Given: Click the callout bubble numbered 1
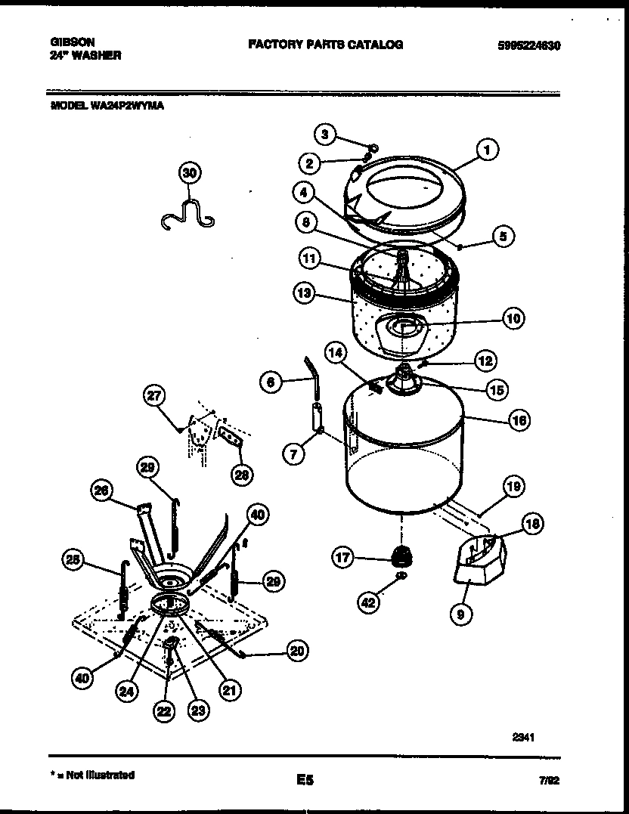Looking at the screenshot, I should pos(488,150).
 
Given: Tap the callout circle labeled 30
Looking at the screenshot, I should pos(189,173).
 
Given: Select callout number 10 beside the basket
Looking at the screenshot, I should pos(513,319).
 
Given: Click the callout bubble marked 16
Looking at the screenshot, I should pos(519,420).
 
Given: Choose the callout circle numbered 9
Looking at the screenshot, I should pos(460,614).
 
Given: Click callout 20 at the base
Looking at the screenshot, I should pos(297,651).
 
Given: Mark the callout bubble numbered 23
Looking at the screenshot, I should pos(198,710).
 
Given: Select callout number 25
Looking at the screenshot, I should pos(73,559).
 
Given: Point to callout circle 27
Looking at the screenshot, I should pos(154,396).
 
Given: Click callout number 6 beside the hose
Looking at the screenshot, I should pos(270,382).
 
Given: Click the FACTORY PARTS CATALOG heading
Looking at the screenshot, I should pos(325,45).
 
